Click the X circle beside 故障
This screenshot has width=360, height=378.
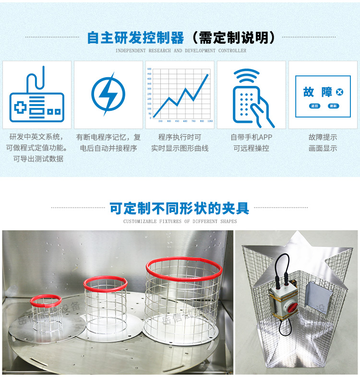click(x=340, y=92)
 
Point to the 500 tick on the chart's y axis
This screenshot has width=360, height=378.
click(x=149, y=69)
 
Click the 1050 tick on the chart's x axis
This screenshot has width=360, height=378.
click(x=210, y=121)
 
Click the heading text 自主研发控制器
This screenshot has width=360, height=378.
click(x=135, y=38)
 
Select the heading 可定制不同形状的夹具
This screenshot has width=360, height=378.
click(x=180, y=208)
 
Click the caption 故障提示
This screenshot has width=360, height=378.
click(x=323, y=137)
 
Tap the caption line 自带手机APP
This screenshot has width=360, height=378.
click(x=252, y=137)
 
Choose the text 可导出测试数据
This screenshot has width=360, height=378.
click(x=38, y=159)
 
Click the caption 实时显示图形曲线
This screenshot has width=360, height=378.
click(x=180, y=148)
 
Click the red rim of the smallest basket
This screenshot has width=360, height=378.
click(x=45, y=301)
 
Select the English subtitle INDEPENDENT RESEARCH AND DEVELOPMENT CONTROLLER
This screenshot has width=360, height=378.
click(x=181, y=50)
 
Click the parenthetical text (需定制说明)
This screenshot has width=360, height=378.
click(x=233, y=38)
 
